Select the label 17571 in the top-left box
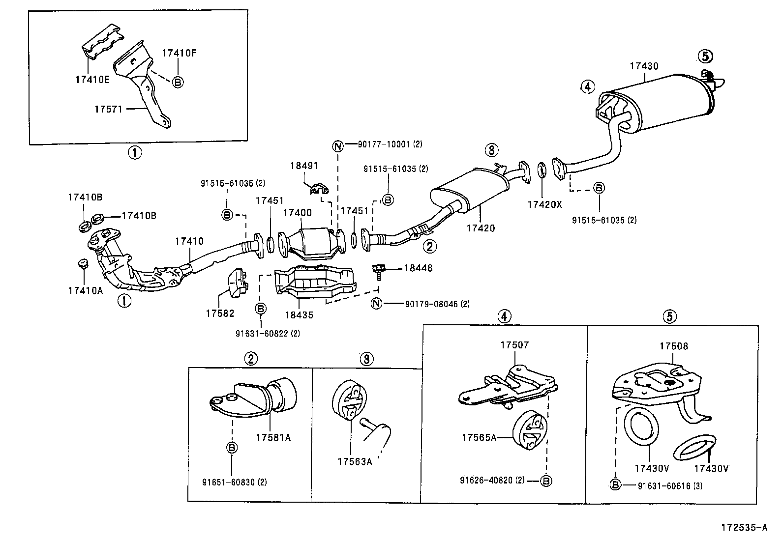click(108, 109)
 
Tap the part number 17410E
click(92, 79)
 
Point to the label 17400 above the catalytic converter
click(297, 213)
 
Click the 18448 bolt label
click(418, 268)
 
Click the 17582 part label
click(220, 313)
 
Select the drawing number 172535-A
click(744, 528)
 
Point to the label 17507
click(514, 345)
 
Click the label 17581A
click(273, 437)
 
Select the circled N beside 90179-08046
click(376, 304)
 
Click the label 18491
click(304, 166)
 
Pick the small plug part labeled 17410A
click(82, 264)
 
